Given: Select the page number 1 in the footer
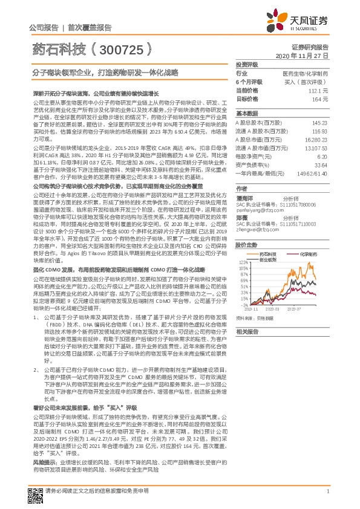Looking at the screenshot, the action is pyautogui.click(x=327, y=491).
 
